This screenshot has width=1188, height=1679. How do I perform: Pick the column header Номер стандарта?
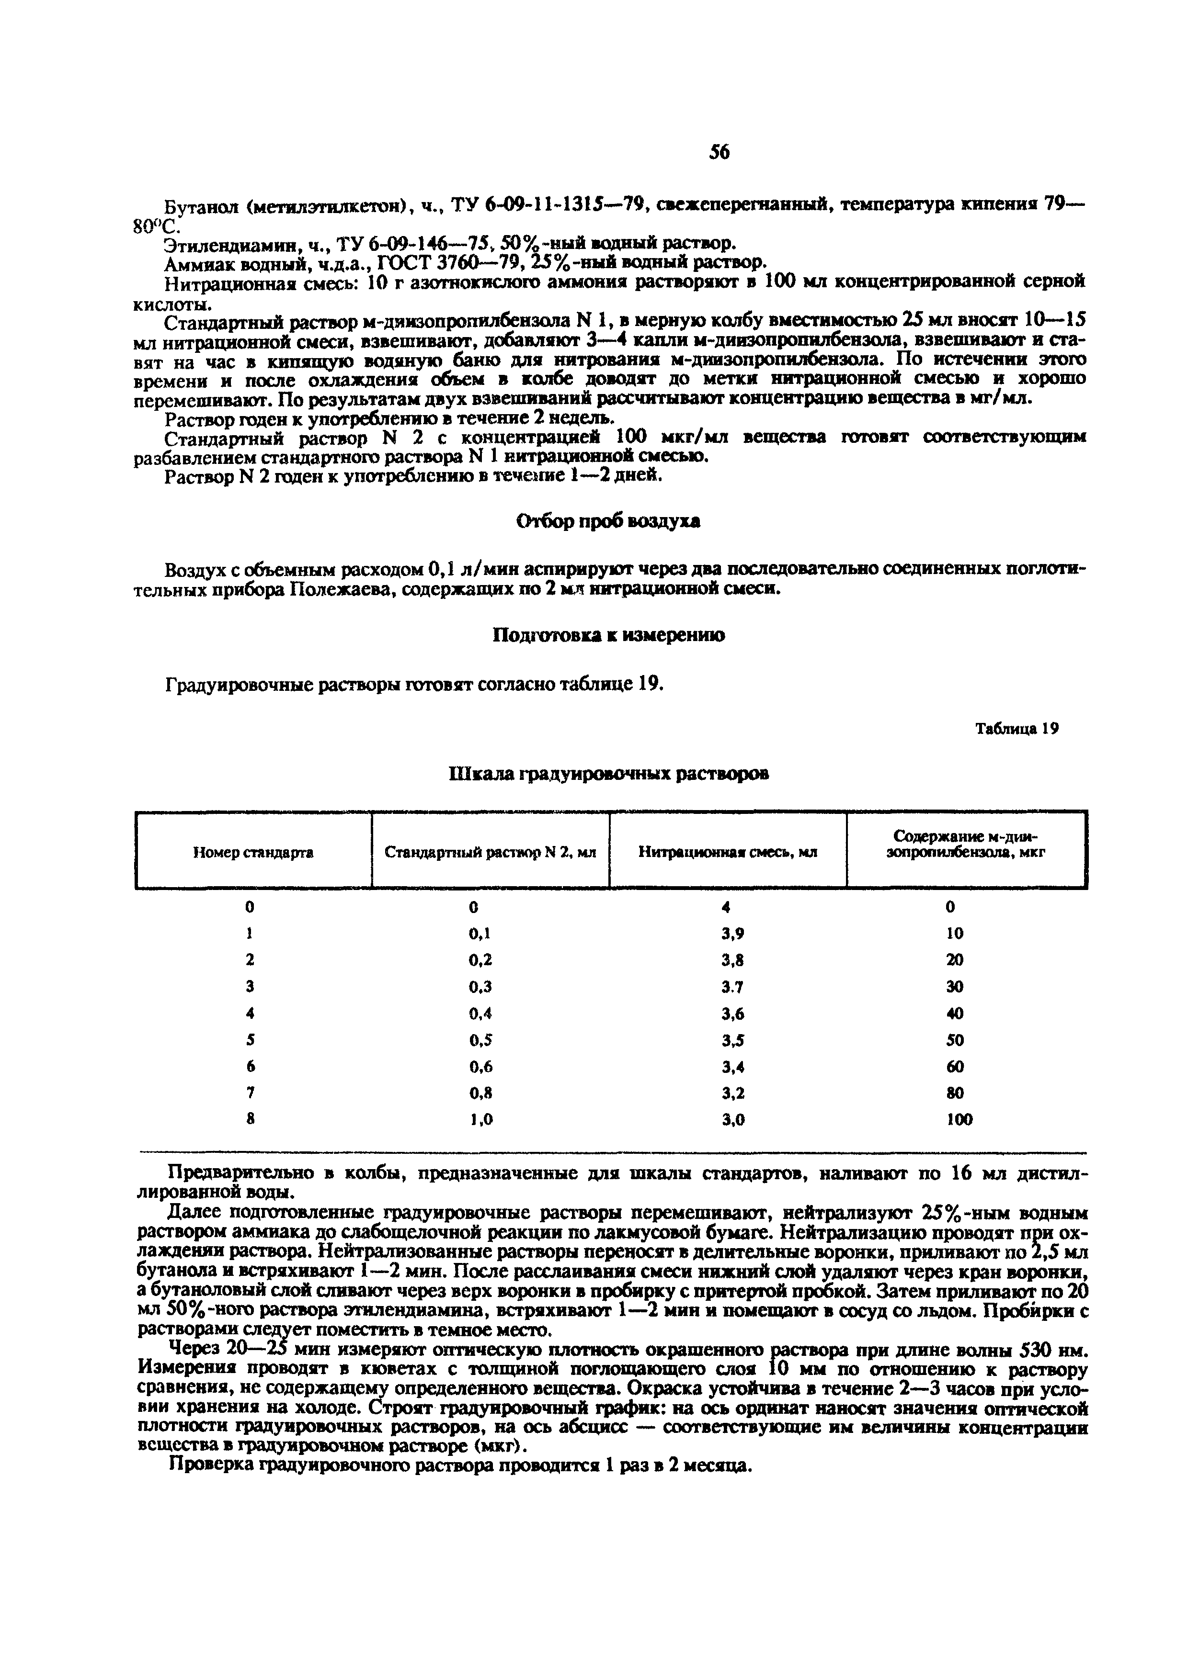253,852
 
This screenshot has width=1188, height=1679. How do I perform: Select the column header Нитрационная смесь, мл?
727,852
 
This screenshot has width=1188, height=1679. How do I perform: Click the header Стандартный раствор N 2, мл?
490,852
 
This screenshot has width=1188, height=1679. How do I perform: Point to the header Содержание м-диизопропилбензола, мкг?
966,844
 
